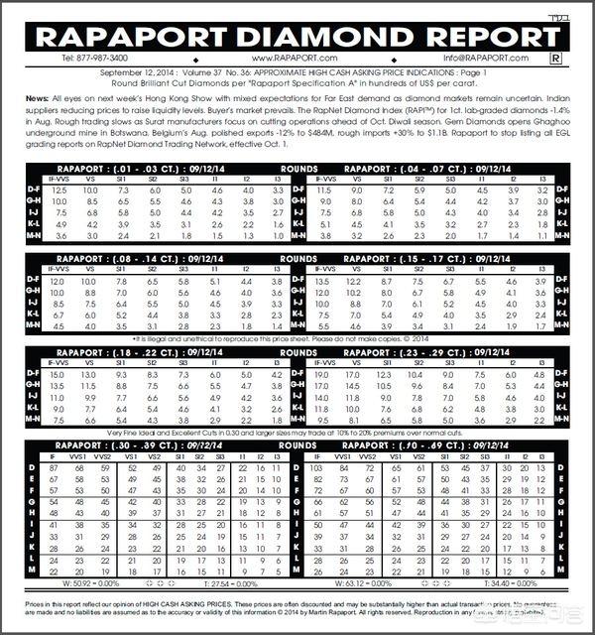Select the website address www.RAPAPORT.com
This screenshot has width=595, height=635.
pyautogui.click(x=297, y=58)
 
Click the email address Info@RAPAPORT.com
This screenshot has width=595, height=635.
pyautogui.click(x=498, y=58)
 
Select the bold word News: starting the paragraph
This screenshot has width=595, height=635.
pyautogui.click(x=36, y=100)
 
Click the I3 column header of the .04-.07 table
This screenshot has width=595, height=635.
pyautogui.click(x=542, y=179)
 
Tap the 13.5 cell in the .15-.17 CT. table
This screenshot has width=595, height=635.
pyautogui.click(x=323, y=281)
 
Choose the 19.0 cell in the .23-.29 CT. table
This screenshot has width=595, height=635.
pyautogui.click(x=323, y=374)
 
